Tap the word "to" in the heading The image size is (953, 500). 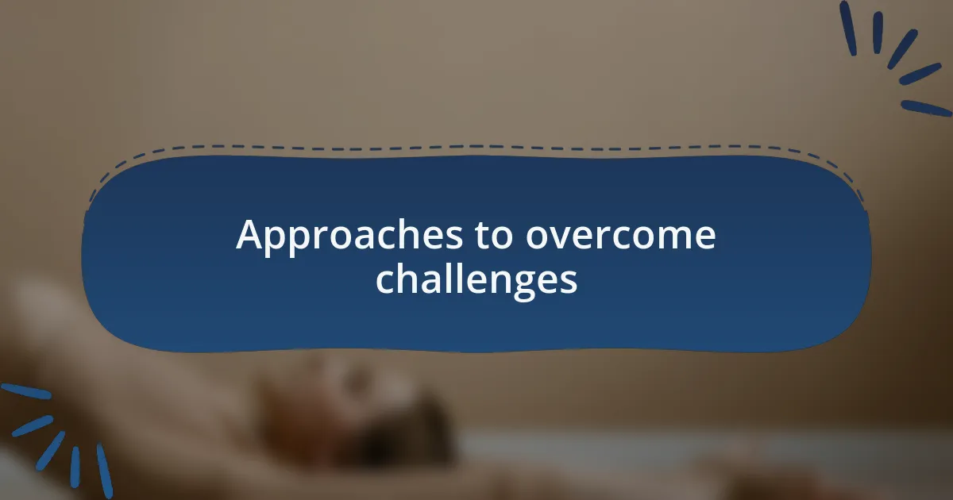(489, 236)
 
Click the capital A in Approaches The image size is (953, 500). (249, 236)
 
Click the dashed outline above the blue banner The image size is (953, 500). (476, 147)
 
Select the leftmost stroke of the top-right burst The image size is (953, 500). (848, 28)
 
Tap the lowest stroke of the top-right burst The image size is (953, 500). (925, 108)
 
